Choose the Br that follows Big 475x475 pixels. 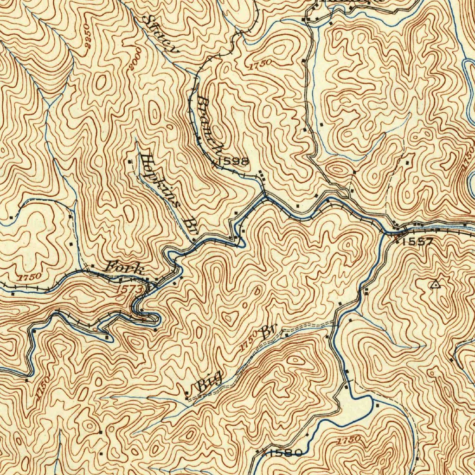click(270, 332)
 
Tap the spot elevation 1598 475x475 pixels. click(233, 161)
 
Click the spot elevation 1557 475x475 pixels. click(417, 241)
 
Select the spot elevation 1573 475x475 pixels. click(128, 289)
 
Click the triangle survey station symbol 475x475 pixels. click(435, 284)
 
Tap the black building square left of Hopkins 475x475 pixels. click(130, 161)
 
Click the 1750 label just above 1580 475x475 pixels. click(347, 439)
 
